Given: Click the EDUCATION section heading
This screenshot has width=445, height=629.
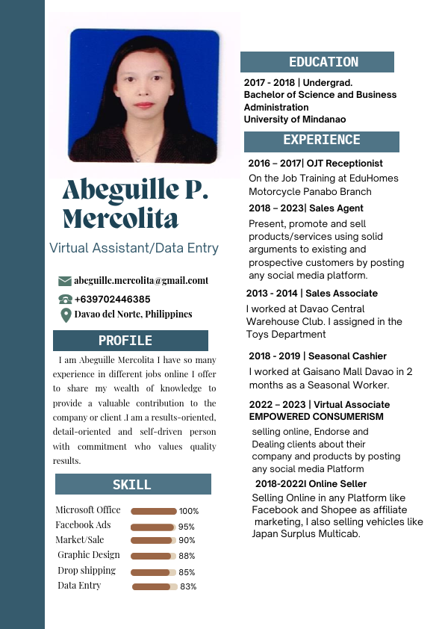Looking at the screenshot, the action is tap(323, 63).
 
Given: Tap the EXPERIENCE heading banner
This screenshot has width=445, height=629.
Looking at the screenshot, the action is tap(321, 140).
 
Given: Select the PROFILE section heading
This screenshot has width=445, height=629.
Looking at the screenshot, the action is tap(125, 341).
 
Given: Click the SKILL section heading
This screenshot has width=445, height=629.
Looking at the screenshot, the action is tap(132, 485).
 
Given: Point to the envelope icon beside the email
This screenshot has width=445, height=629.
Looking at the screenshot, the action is tap(65, 281).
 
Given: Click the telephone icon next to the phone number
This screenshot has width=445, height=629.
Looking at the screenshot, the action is tap(65, 299).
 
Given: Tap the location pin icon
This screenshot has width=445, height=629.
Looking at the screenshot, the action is tap(65, 315).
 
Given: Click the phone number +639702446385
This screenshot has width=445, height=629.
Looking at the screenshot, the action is tap(112, 299).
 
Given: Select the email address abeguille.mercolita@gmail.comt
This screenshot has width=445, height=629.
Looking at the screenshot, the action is tap(141, 281).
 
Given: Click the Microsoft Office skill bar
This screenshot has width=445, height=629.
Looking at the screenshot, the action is tap(154, 511).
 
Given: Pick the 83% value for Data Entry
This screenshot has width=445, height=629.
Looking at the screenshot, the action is tap(188, 587).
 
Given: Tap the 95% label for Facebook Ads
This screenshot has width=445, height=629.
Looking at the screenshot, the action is tap(187, 527).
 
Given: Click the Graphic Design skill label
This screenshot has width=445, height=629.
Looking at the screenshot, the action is tap(89, 555).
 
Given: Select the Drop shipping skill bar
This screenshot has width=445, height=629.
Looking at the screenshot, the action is tap(153, 572).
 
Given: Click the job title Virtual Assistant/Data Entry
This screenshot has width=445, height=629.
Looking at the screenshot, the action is tap(134, 248).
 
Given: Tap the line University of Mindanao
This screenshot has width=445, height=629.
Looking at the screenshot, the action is tap(295, 120).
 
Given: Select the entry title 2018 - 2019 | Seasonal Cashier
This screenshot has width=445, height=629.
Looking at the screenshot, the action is tap(317, 356).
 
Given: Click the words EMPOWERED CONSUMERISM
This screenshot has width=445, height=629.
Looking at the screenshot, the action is tap(316, 416).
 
